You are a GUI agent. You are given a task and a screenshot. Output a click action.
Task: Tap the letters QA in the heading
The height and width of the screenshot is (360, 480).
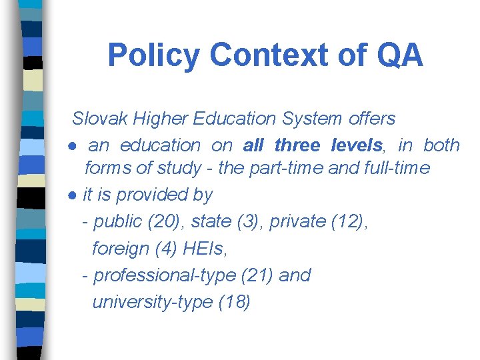pyautogui.click(x=400, y=55)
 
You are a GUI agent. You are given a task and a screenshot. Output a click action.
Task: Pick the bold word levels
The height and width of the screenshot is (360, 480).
pyautogui.click(x=356, y=145)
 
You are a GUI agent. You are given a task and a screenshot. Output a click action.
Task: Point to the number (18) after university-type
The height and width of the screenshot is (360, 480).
pyautogui.click(x=234, y=302)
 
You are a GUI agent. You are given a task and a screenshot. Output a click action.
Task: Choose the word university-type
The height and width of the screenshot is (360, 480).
pyautogui.click(x=152, y=302)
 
